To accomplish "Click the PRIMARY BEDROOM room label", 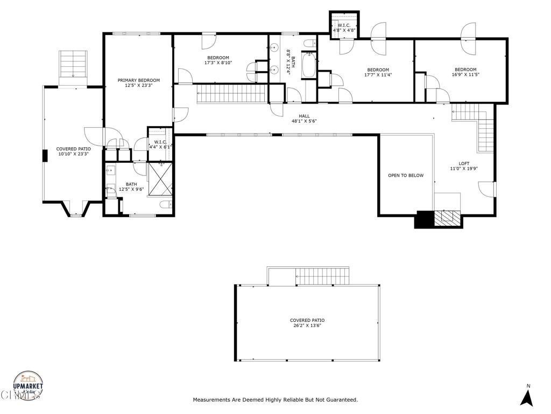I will [x=139, y=80].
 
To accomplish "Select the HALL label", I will [x=305, y=116].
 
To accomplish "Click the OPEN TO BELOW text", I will [x=406, y=175].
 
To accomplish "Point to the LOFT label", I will [x=464, y=163].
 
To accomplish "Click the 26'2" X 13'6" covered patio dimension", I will [x=307, y=326].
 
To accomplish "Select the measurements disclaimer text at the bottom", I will [x=275, y=400].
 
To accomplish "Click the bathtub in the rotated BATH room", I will [x=309, y=65].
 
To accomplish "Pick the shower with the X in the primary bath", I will [x=160, y=179].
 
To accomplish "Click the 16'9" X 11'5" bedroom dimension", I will [x=465, y=75].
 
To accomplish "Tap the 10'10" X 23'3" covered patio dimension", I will [x=73, y=154].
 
